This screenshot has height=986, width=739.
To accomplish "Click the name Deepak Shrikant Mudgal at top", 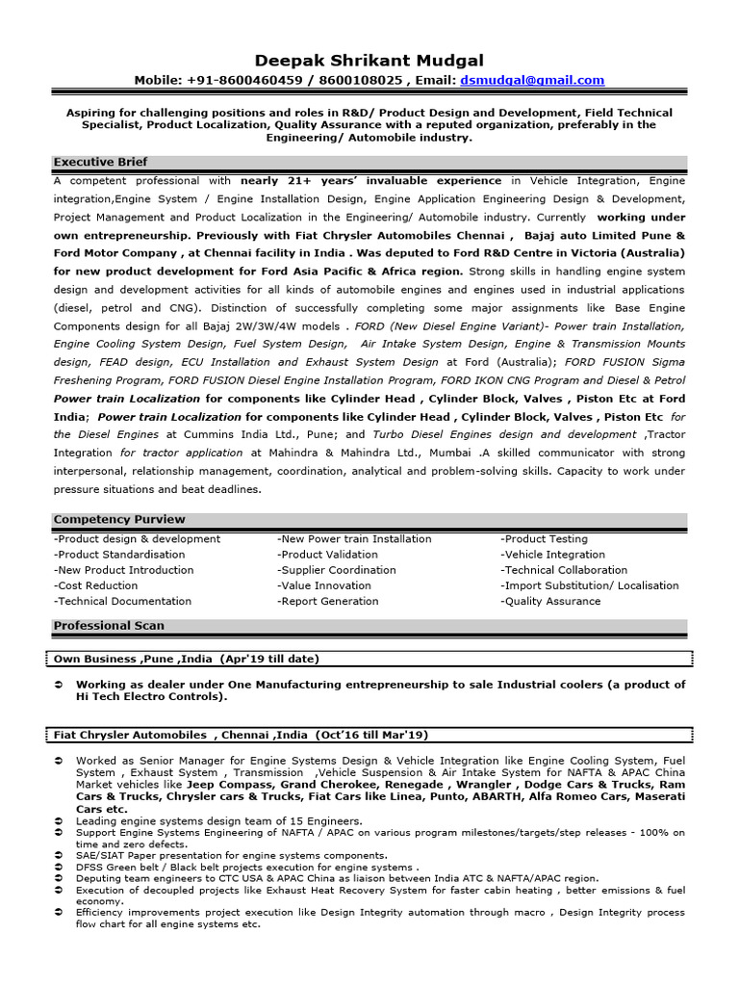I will pyautogui.click(x=369, y=60).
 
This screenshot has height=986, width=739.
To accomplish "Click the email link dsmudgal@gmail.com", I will pyautogui.click(x=547, y=81).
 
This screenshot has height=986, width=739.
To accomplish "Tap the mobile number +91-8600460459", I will pyautogui.click(x=238, y=81).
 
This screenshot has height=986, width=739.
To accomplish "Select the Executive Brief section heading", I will pyautogui.click(x=100, y=162).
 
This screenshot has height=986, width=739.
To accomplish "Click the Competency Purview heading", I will pyautogui.click(x=118, y=520).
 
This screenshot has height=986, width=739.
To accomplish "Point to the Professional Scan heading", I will pyautogui.click(x=108, y=626).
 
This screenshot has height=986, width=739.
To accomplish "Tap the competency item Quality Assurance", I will pyautogui.click(x=550, y=601).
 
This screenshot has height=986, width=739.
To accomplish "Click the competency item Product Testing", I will pyautogui.click(x=544, y=539).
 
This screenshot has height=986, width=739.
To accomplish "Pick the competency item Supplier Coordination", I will pyautogui.click(x=336, y=570).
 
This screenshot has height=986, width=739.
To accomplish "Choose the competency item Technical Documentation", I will pyautogui.click(x=122, y=601).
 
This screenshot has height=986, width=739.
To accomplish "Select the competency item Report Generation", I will pyautogui.click(x=327, y=601).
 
